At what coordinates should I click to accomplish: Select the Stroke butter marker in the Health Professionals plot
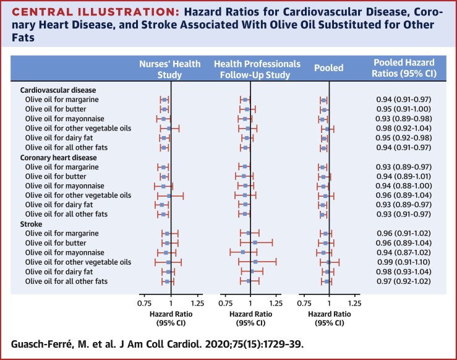254,243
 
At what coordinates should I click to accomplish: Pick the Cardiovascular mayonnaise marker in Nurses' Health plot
164,118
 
